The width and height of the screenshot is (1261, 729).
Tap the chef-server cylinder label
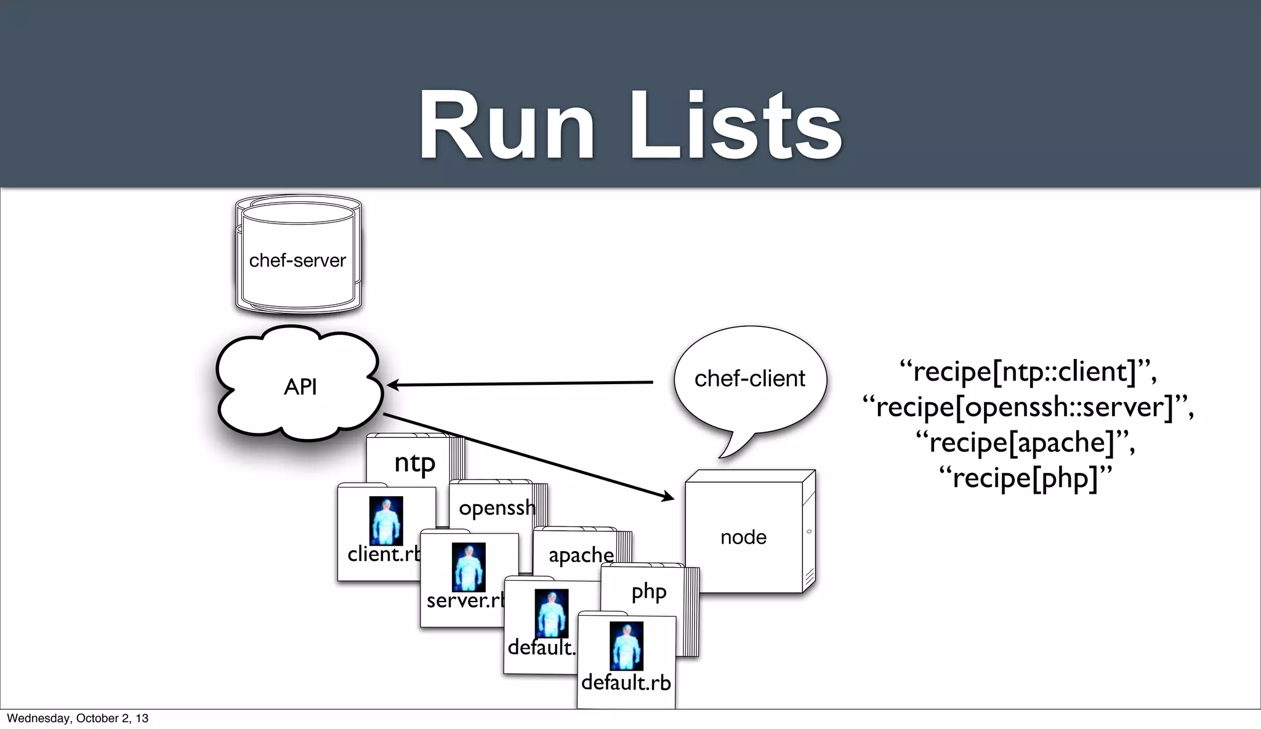point(297,260)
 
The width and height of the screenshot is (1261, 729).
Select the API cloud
point(300,387)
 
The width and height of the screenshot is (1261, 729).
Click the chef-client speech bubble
point(749,379)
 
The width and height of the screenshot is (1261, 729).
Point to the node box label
point(743,537)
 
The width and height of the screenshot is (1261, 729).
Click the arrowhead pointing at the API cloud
point(392,385)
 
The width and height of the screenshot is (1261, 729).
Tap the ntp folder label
point(414,463)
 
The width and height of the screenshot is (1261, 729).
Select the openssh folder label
point(497,508)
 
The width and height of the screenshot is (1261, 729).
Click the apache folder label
point(581,555)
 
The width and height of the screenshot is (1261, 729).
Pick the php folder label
point(649,592)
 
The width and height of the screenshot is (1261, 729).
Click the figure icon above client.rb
point(386,521)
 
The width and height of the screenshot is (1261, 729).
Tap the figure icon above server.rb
point(469,567)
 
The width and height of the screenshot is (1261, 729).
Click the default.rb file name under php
point(626,682)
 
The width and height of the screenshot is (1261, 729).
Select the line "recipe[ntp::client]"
point(1028,371)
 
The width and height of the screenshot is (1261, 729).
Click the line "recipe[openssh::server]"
point(1028,407)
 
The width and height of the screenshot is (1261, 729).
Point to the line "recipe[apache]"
point(1025,442)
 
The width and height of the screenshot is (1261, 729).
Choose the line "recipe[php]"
point(1025,477)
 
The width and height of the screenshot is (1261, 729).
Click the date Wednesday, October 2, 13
point(78,718)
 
